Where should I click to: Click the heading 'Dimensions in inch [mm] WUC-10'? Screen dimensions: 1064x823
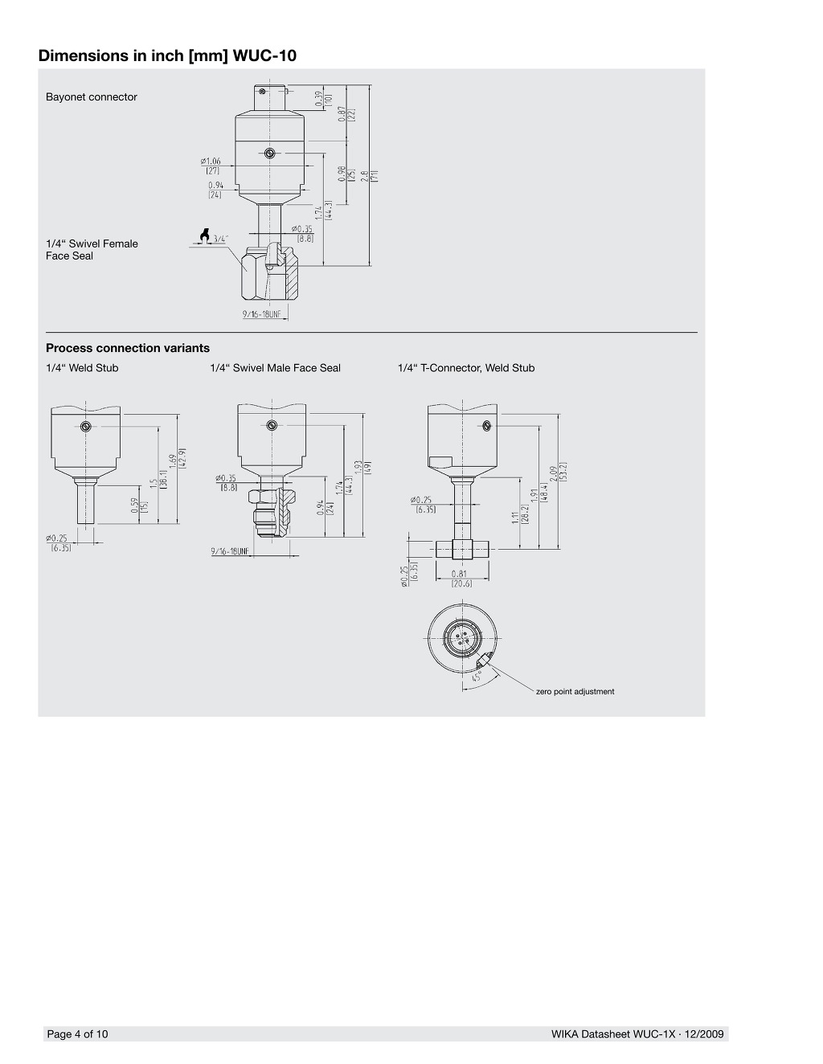167,56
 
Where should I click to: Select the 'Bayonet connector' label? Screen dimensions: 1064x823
92,97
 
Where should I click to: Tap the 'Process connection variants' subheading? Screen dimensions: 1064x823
128,348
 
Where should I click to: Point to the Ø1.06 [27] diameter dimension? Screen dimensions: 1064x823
211,165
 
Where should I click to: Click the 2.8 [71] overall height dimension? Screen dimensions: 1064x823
369,176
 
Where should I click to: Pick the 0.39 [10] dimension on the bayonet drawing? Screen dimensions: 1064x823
323,99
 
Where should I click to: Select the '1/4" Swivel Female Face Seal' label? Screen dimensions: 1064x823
92,250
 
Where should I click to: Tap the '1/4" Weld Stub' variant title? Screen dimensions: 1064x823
82,368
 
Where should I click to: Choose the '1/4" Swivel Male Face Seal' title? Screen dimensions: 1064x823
275,368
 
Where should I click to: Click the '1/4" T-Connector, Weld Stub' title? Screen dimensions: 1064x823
466,368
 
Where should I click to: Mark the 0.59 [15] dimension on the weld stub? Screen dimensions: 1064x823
139,505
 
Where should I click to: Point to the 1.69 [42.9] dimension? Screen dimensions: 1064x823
177,458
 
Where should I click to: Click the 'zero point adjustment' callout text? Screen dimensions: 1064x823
575,692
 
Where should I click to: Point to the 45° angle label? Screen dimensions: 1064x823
477,677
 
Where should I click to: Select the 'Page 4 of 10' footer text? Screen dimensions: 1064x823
77,1034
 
